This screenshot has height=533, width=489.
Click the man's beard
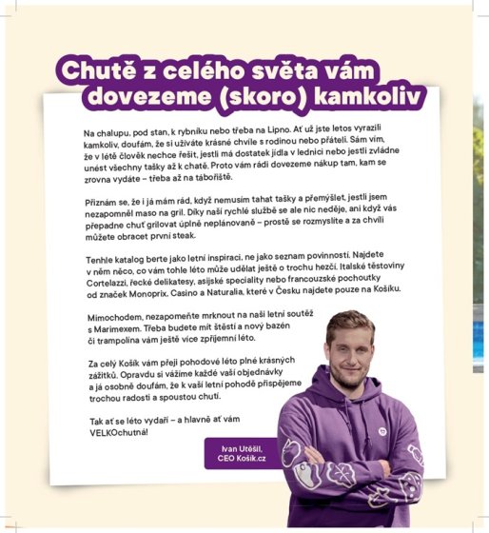[349, 365]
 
